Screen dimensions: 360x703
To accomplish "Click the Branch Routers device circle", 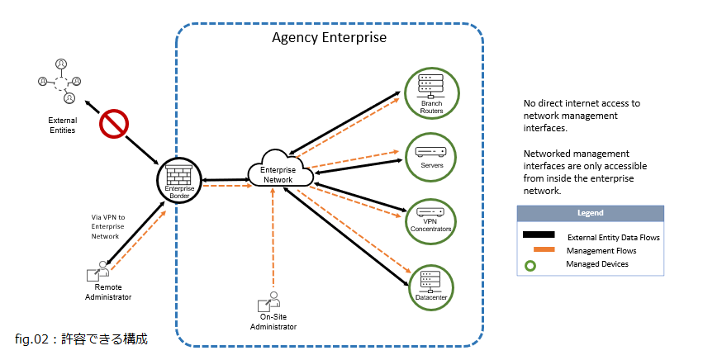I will (x=431, y=91).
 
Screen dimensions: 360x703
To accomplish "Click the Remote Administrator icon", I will (x=98, y=272).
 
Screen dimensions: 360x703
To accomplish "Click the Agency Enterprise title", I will (x=329, y=38).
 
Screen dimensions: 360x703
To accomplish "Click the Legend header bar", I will (x=590, y=213).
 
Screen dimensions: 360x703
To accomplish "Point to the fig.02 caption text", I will (x=81, y=339).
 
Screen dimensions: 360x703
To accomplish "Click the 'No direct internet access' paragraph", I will (x=582, y=116).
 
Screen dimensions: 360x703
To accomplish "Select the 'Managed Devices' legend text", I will (x=596, y=264).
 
